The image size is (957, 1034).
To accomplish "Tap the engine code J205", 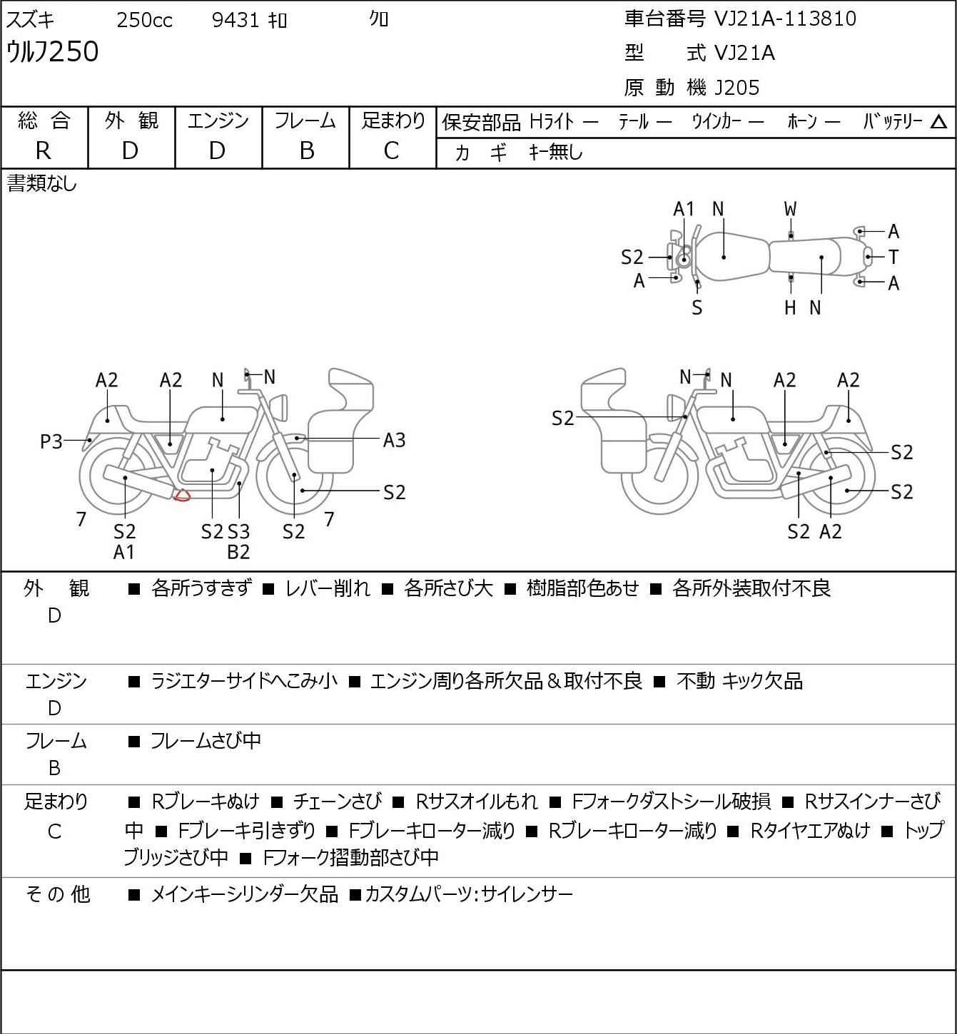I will (737, 88).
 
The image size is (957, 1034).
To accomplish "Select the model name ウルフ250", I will (53, 52).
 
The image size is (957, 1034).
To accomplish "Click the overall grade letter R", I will (44, 150).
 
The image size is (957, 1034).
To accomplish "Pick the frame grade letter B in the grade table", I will (306, 150).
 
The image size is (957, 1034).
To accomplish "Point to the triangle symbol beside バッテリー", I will (939, 122).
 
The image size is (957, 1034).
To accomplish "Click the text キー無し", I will (556, 152).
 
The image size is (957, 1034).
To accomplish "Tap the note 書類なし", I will (41, 184).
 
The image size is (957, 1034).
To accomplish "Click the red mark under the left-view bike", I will (183, 495).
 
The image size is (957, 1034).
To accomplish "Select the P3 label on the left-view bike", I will (51, 442).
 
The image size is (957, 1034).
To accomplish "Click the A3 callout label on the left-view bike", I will (394, 440).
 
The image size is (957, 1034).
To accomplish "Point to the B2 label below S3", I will (238, 552).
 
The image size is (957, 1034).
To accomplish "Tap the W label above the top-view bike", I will (790, 209).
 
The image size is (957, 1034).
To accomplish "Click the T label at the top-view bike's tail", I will (893, 257).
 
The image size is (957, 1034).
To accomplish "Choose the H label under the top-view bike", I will (790, 307).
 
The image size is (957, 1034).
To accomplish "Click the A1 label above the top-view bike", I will (684, 209).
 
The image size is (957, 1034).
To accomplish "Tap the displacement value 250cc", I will (144, 20).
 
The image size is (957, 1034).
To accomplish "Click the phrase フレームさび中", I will (206, 741).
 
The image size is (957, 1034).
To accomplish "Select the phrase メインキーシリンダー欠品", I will (244, 894).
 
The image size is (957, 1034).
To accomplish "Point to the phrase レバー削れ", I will (328, 588).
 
